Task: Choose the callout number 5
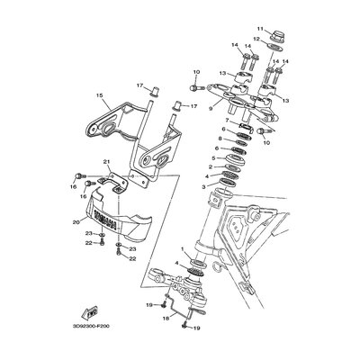tap(211, 157)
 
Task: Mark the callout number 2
tap(210, 167)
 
